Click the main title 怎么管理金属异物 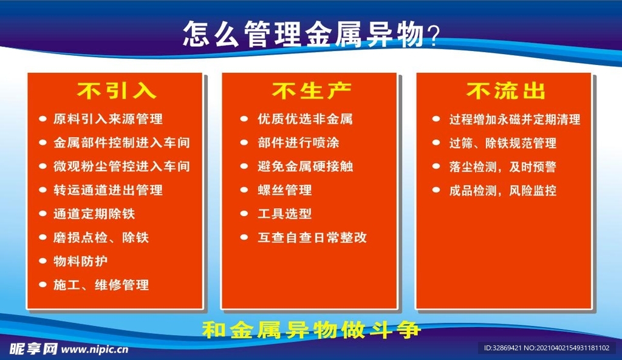click(x=304, y=35)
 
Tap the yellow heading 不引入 click(x=117, y=91)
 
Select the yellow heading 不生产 click(x=312, y=91)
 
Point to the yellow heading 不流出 click(x=506, y=91)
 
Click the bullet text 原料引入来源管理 click(x=108, y=119)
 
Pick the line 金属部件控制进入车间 click(x=121, y=143)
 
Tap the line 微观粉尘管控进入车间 click(x=121, y=166)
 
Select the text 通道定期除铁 click(x=94, y=214)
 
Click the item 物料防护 click(x=81, y=261)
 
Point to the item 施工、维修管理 click(x=101, y=285)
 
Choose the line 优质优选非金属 click(x=305, y=119)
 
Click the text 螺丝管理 click(x=284, y=190)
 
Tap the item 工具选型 click(x=284, y=214)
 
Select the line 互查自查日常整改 click(x=312, y=237)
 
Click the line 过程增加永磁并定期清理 click(x=514, y=120)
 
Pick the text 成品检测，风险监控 click(x=502, y=191)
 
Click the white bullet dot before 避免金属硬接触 click(x=244, y=166)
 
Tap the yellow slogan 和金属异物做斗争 click(x=311, y=330)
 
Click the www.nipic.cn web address click(x=95, y=349)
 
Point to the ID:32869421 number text click(x=502, y=348)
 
